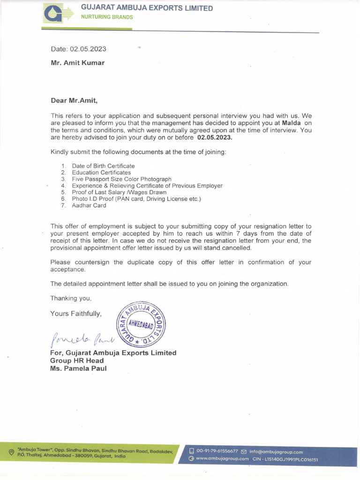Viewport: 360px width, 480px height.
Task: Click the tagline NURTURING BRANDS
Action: (107, 17)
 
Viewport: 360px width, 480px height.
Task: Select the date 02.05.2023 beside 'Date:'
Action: (88, 49)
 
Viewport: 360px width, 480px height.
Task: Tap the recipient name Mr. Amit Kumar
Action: (78, 63)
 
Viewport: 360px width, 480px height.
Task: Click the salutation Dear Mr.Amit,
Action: (74, 100)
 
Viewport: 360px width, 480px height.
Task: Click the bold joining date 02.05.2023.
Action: (215, 138)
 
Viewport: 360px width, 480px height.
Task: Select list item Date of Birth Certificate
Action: (103, 166)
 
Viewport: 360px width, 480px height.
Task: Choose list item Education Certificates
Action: (101, 172)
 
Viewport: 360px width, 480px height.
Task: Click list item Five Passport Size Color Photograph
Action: (121, 179)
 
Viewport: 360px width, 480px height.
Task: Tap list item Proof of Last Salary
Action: (119, 192)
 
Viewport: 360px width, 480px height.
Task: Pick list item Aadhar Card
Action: (89, 205)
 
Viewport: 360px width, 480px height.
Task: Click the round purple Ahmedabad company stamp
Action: (141, 323)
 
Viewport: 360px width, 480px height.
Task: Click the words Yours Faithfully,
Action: (75, 314)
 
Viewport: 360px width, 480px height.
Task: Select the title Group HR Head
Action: (77, 360)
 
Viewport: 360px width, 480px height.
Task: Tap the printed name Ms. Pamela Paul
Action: (78, 368)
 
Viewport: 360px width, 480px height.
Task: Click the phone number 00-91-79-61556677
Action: (217, 452)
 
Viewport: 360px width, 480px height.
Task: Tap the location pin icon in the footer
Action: (12, 452)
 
